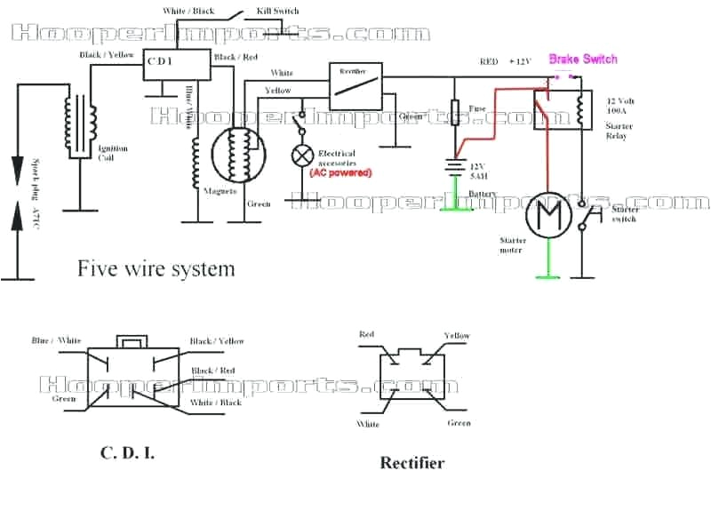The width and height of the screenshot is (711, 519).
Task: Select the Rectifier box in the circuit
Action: click(x=355, y=81)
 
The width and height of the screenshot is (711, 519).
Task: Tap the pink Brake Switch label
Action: click(x=582, y=59)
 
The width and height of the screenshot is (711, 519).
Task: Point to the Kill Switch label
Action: click(x=279, y=11)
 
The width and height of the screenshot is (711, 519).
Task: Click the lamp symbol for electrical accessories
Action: click(x=302, y=156)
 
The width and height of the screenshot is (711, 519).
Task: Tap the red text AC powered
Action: click(x=340, y=172)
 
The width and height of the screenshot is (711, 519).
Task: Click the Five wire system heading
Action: click(x=156, y=267)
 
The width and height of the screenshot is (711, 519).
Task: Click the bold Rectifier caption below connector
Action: click(x=412, y=462)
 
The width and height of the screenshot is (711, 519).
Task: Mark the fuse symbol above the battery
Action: click(x=456, y=116)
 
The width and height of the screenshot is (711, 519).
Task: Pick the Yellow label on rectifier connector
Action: click(x=457, y=336)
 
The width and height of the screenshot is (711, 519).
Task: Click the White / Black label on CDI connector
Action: click(x=216, y=403)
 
